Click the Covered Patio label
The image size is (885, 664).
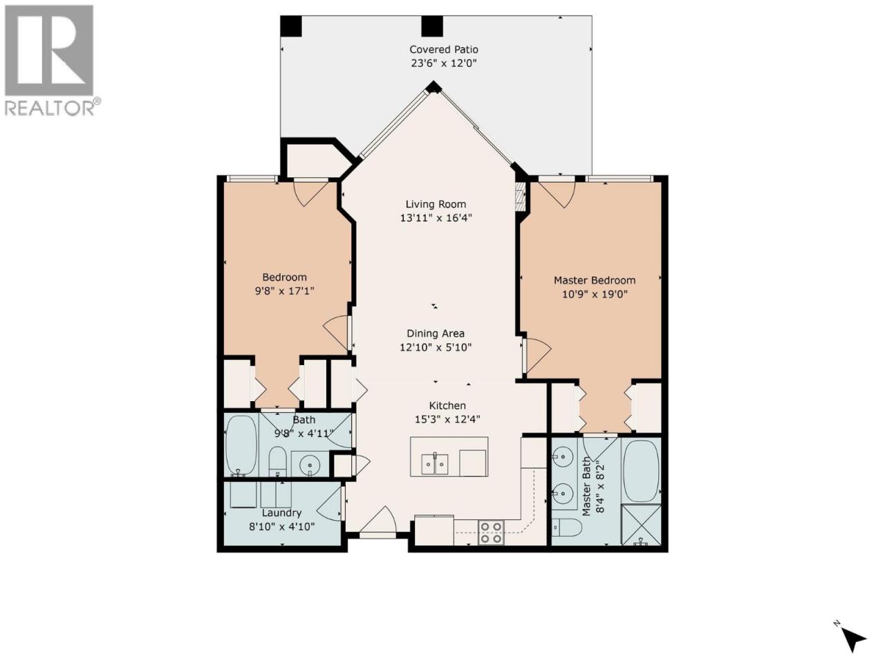tap(443, 50)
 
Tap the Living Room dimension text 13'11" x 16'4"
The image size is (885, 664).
tap(436, 218)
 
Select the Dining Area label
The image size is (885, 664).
tap(436, 334)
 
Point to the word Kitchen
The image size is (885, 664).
tap(447, 405)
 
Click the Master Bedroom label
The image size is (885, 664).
tap(595, 280)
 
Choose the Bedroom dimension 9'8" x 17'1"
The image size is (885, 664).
tap(284, 291)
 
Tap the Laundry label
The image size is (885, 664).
tap(281, 513)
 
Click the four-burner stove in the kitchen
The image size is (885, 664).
tap(492, 533)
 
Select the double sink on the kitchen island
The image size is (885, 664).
tap(435, 464)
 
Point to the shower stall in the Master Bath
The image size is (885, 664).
tap(641, 524)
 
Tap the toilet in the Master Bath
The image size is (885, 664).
tap(567, 527)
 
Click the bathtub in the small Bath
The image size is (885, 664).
tap(241, 445)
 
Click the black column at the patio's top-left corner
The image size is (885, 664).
tap(291, 26)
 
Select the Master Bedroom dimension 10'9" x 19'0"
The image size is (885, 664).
tap(595, 295)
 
